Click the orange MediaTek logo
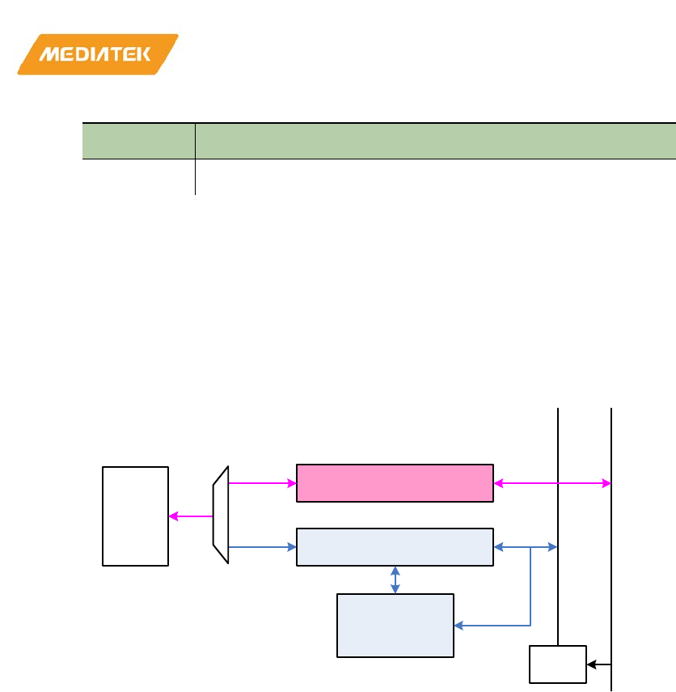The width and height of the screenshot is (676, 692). [x=97, y=54]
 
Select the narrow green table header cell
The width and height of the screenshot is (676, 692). [x=139, y=141]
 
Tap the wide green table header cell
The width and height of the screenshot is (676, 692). [x=435, y=141]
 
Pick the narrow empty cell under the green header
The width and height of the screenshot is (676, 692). [x=139, y=176]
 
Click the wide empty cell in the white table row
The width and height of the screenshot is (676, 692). [x=435, y=176]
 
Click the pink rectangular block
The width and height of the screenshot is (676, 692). [x=395, y=483]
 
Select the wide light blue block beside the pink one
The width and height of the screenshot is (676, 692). [x=395, y=546]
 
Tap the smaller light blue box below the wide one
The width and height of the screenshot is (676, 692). [x=395, y=625]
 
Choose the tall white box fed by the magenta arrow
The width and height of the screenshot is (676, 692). [x=135, y=516]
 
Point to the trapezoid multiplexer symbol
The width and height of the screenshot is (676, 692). [x=221, y=516]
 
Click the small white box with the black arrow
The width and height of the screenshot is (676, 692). [x=557, y=664]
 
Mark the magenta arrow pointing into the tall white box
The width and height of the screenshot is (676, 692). [x=191, y=516]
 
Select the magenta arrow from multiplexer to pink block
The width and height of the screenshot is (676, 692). [x=263, y=483]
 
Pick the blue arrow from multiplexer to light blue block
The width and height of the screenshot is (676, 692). [x=263, y=547]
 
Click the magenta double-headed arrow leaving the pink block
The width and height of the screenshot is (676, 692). [x=552, y=483]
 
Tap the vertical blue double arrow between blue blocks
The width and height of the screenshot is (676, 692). [x=395, y=579]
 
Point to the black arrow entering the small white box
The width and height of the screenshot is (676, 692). [x=599, y=665]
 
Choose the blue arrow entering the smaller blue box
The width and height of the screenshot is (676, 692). [x=492, y=625]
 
